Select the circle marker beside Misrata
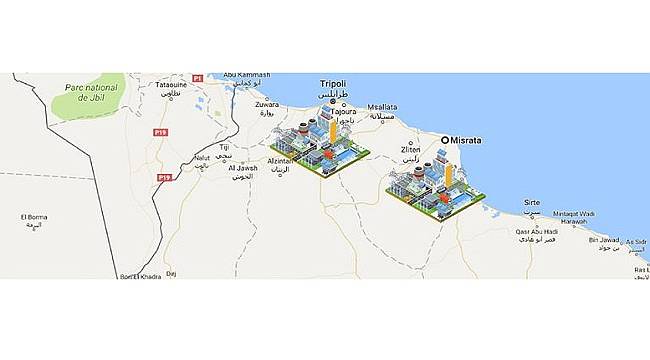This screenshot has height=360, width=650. point(446,141)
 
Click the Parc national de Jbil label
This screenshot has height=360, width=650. point(91,92)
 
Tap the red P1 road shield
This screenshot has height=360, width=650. point(198,78)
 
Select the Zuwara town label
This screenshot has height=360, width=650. point(267,104)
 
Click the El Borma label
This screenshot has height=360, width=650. point(34,217)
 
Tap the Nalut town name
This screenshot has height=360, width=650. point(202,157)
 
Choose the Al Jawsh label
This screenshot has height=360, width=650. point(243,168)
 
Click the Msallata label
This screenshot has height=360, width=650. point(384,106)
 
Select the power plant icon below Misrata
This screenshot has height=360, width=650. point(436,185)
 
